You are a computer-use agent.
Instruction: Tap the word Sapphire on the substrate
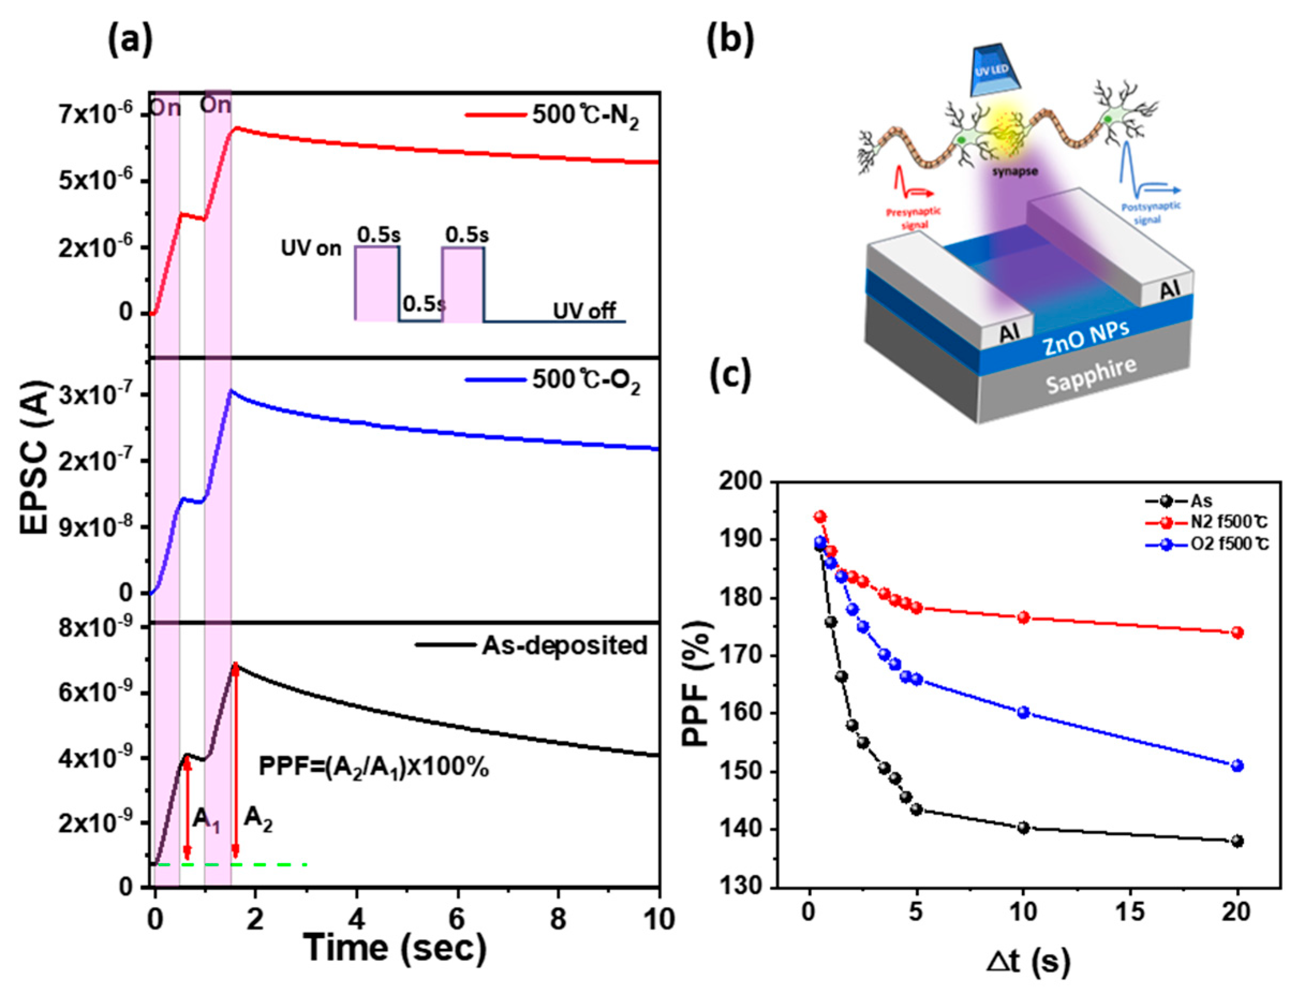[1091, 375]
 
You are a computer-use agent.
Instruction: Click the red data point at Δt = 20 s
[1236, 633]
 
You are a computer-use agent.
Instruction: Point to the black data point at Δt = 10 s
[1023, 827]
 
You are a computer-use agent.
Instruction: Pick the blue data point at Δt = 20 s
[1236, 766]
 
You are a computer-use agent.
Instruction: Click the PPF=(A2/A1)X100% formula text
[374, 767]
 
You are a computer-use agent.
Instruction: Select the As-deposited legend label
[564, 645]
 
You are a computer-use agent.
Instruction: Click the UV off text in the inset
[584, 310]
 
